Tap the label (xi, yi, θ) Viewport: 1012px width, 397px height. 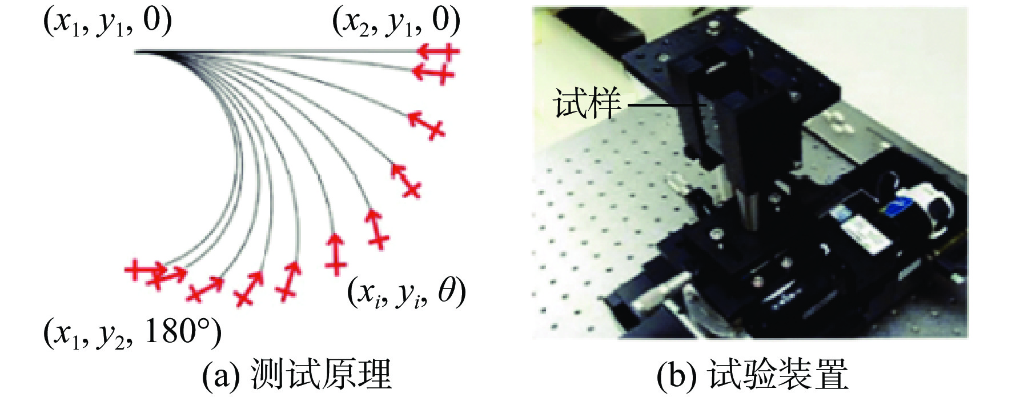coord(407,292)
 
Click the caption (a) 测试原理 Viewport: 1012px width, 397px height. coord(297,375)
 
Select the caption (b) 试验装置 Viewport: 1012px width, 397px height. coord(752,375)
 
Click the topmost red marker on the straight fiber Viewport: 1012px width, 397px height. coord(437,52)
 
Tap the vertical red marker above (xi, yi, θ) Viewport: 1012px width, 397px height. coord(335,254)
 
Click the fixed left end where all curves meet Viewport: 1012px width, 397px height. coord(137,52)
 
